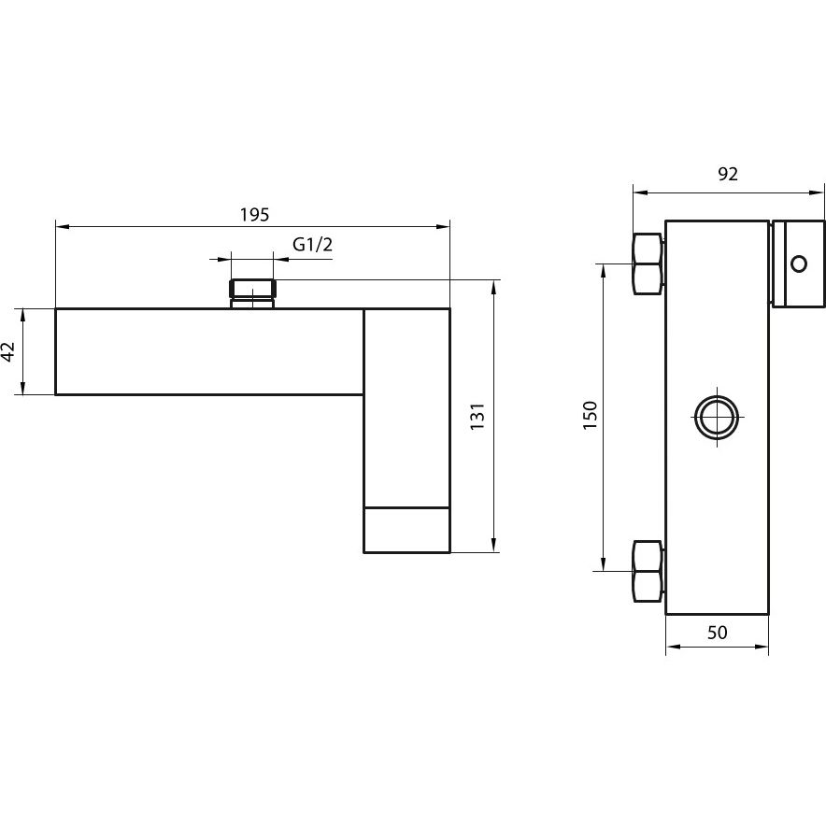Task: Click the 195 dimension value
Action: coord(253,214)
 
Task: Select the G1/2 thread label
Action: coord(312,245)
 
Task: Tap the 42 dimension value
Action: coord(8,351)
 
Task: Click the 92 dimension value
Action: coord(728,175)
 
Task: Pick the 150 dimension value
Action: coord(589,416)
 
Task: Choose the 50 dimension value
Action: coord(717,633)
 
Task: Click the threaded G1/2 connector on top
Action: coord(252,292)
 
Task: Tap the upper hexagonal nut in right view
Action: coord(648,263)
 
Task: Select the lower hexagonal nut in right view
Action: coord(648,570)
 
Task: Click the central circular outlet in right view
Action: coord(717,416)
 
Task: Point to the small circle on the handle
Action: coord(798,263)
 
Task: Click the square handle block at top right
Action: coord(798,263)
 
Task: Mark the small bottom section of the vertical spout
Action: coord(406,530)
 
